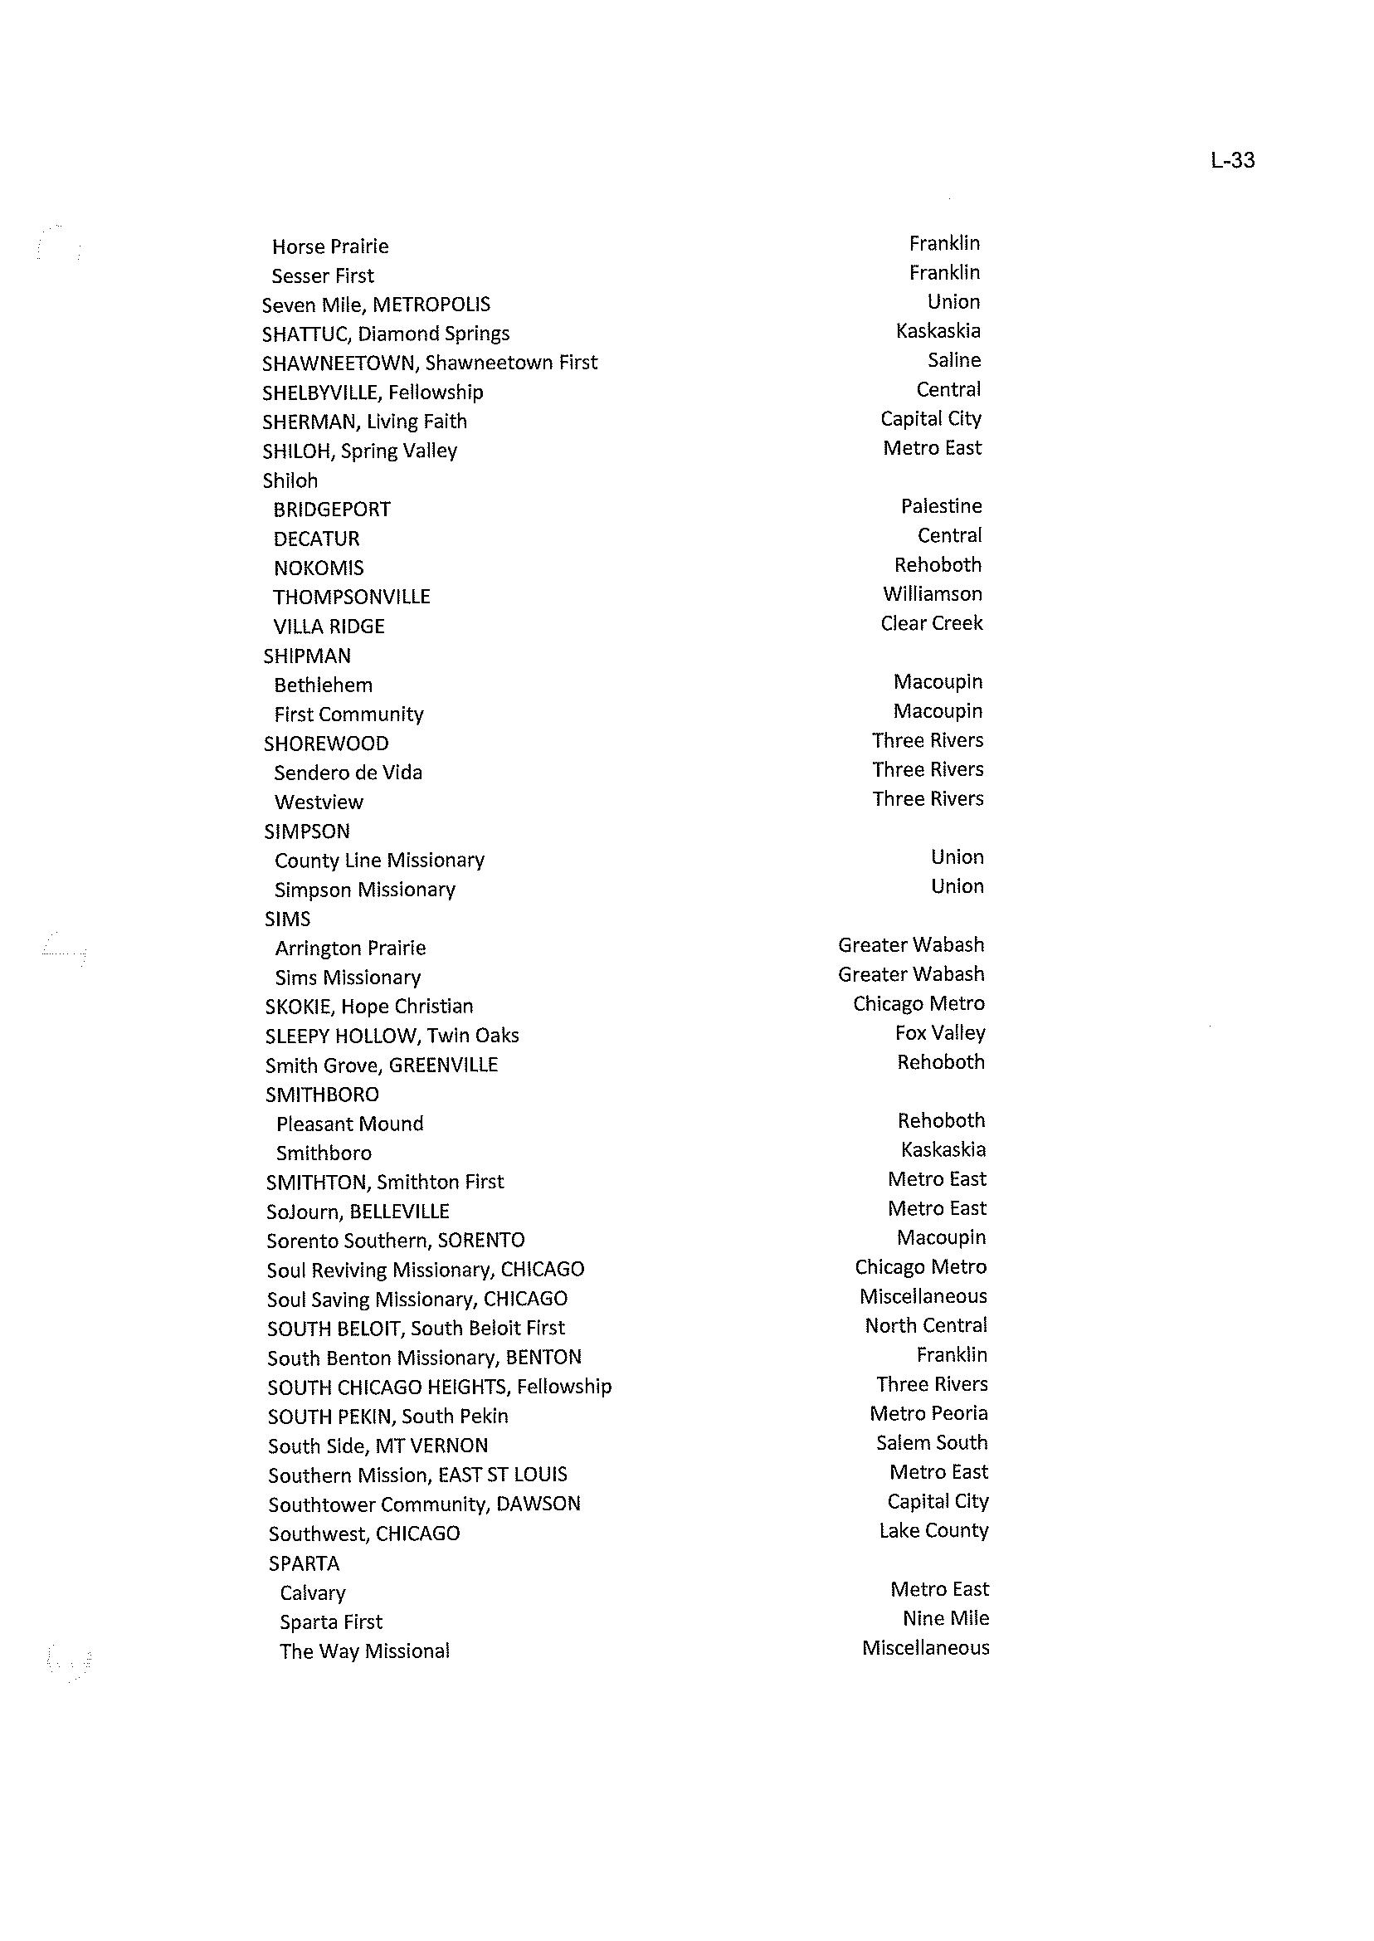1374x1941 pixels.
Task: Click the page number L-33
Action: point(1232,160)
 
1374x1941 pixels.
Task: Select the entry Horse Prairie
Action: point(330,247)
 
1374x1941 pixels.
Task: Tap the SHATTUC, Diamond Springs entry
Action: point(386,334)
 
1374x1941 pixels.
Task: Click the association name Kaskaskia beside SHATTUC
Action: point(938,331)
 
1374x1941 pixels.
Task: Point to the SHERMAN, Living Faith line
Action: point(364,422)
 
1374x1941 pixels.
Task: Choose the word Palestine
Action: point(941,506)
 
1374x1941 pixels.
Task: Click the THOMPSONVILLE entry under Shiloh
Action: point(351,597)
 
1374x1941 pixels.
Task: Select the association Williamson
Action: point(933,594)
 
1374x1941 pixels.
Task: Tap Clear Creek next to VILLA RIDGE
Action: point(932,623)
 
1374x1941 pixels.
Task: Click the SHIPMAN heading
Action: point(307,656)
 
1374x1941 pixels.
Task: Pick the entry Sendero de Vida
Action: point(348,773)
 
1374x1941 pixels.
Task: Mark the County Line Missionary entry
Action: point(379,861)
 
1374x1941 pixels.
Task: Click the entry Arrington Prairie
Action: point(350,949)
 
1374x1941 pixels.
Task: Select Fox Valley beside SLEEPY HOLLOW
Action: point(940,1033)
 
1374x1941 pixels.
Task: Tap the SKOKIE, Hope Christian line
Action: point(369,1007)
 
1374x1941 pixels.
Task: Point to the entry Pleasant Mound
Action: point(349,1124)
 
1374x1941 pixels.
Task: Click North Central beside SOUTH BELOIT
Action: point(926,1326)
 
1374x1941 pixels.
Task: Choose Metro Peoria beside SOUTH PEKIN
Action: point(928,1414)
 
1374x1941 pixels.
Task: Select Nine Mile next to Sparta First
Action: point(945,1619)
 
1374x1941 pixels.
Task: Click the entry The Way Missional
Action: point(364,1651)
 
